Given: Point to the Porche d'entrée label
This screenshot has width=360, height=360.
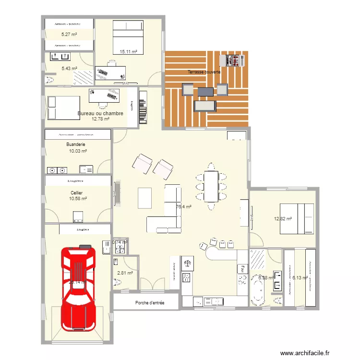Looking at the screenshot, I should pyautogui.click(x=150, y=302).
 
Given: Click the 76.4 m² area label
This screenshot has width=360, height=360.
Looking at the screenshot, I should pyautogui.click(x=184, y=207).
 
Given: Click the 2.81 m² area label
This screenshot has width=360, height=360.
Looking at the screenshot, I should pyautogui.click(x=124, y=273).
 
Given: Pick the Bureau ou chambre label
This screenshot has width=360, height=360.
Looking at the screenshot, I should pyautogui.click(x=100, y=114).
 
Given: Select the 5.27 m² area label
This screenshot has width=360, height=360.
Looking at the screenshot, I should pyautogui.click(x=69, y=35).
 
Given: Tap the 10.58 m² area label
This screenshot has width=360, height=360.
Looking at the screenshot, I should pyautogui.click(x=78, y=198).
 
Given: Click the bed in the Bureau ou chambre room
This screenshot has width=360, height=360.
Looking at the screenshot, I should pyautogui.click(x=63, y=107).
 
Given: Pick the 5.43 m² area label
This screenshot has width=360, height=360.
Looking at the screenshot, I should pyautogui.click(x=69, y=69).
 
